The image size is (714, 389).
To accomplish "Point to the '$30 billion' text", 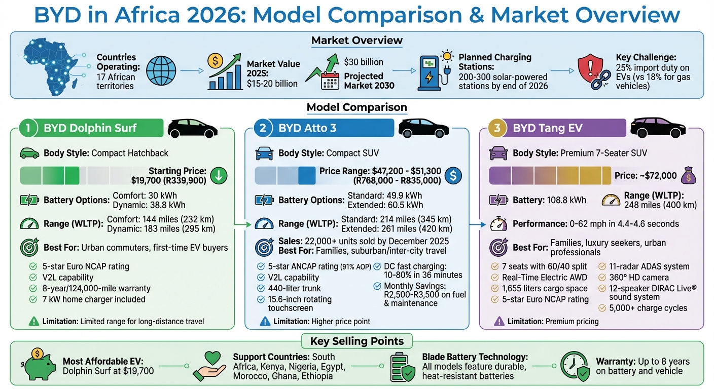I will pyautogui.click(x=363, y=62).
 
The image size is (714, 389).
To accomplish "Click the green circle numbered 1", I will pyautogui.click(x=29, y=128).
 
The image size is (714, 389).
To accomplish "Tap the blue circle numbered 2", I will pyautogui.click(x=263, y=128).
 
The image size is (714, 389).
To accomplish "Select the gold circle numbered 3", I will pyautogui.click(x=497, y=128).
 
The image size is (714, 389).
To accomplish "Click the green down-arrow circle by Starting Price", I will pyautogui.click(x=219, y=175).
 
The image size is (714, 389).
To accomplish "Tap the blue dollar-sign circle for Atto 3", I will pyautogui.click(x=453, y=175).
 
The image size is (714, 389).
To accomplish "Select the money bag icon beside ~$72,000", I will pyautogui.click(x=687, y=176).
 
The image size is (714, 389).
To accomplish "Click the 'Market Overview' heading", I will pyautogui.click(x=356, y=41).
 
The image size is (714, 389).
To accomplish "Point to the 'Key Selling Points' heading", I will pyautogui.click(x=356, y=341).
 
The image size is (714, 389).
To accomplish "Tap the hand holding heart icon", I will pyautogui.click(x=209, y=366).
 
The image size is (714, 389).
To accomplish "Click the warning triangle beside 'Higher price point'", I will pyautogui.click(x=265, y=321).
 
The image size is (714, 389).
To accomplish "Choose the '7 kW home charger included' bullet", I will pyautogui.click(x=94, y=299).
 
